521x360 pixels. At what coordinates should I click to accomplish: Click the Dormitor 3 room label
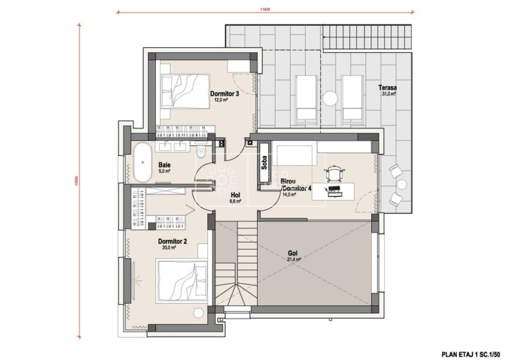[x=225, y=94]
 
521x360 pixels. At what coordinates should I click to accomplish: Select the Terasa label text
[x=388, y=87]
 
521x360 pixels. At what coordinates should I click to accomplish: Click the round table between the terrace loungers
[x=330, y=97]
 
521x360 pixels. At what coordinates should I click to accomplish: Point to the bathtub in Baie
[x=143, y=163]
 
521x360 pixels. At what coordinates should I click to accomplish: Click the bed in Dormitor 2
[x=182, y=281]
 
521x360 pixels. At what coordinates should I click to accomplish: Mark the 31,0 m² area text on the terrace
[x=389, y=94]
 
